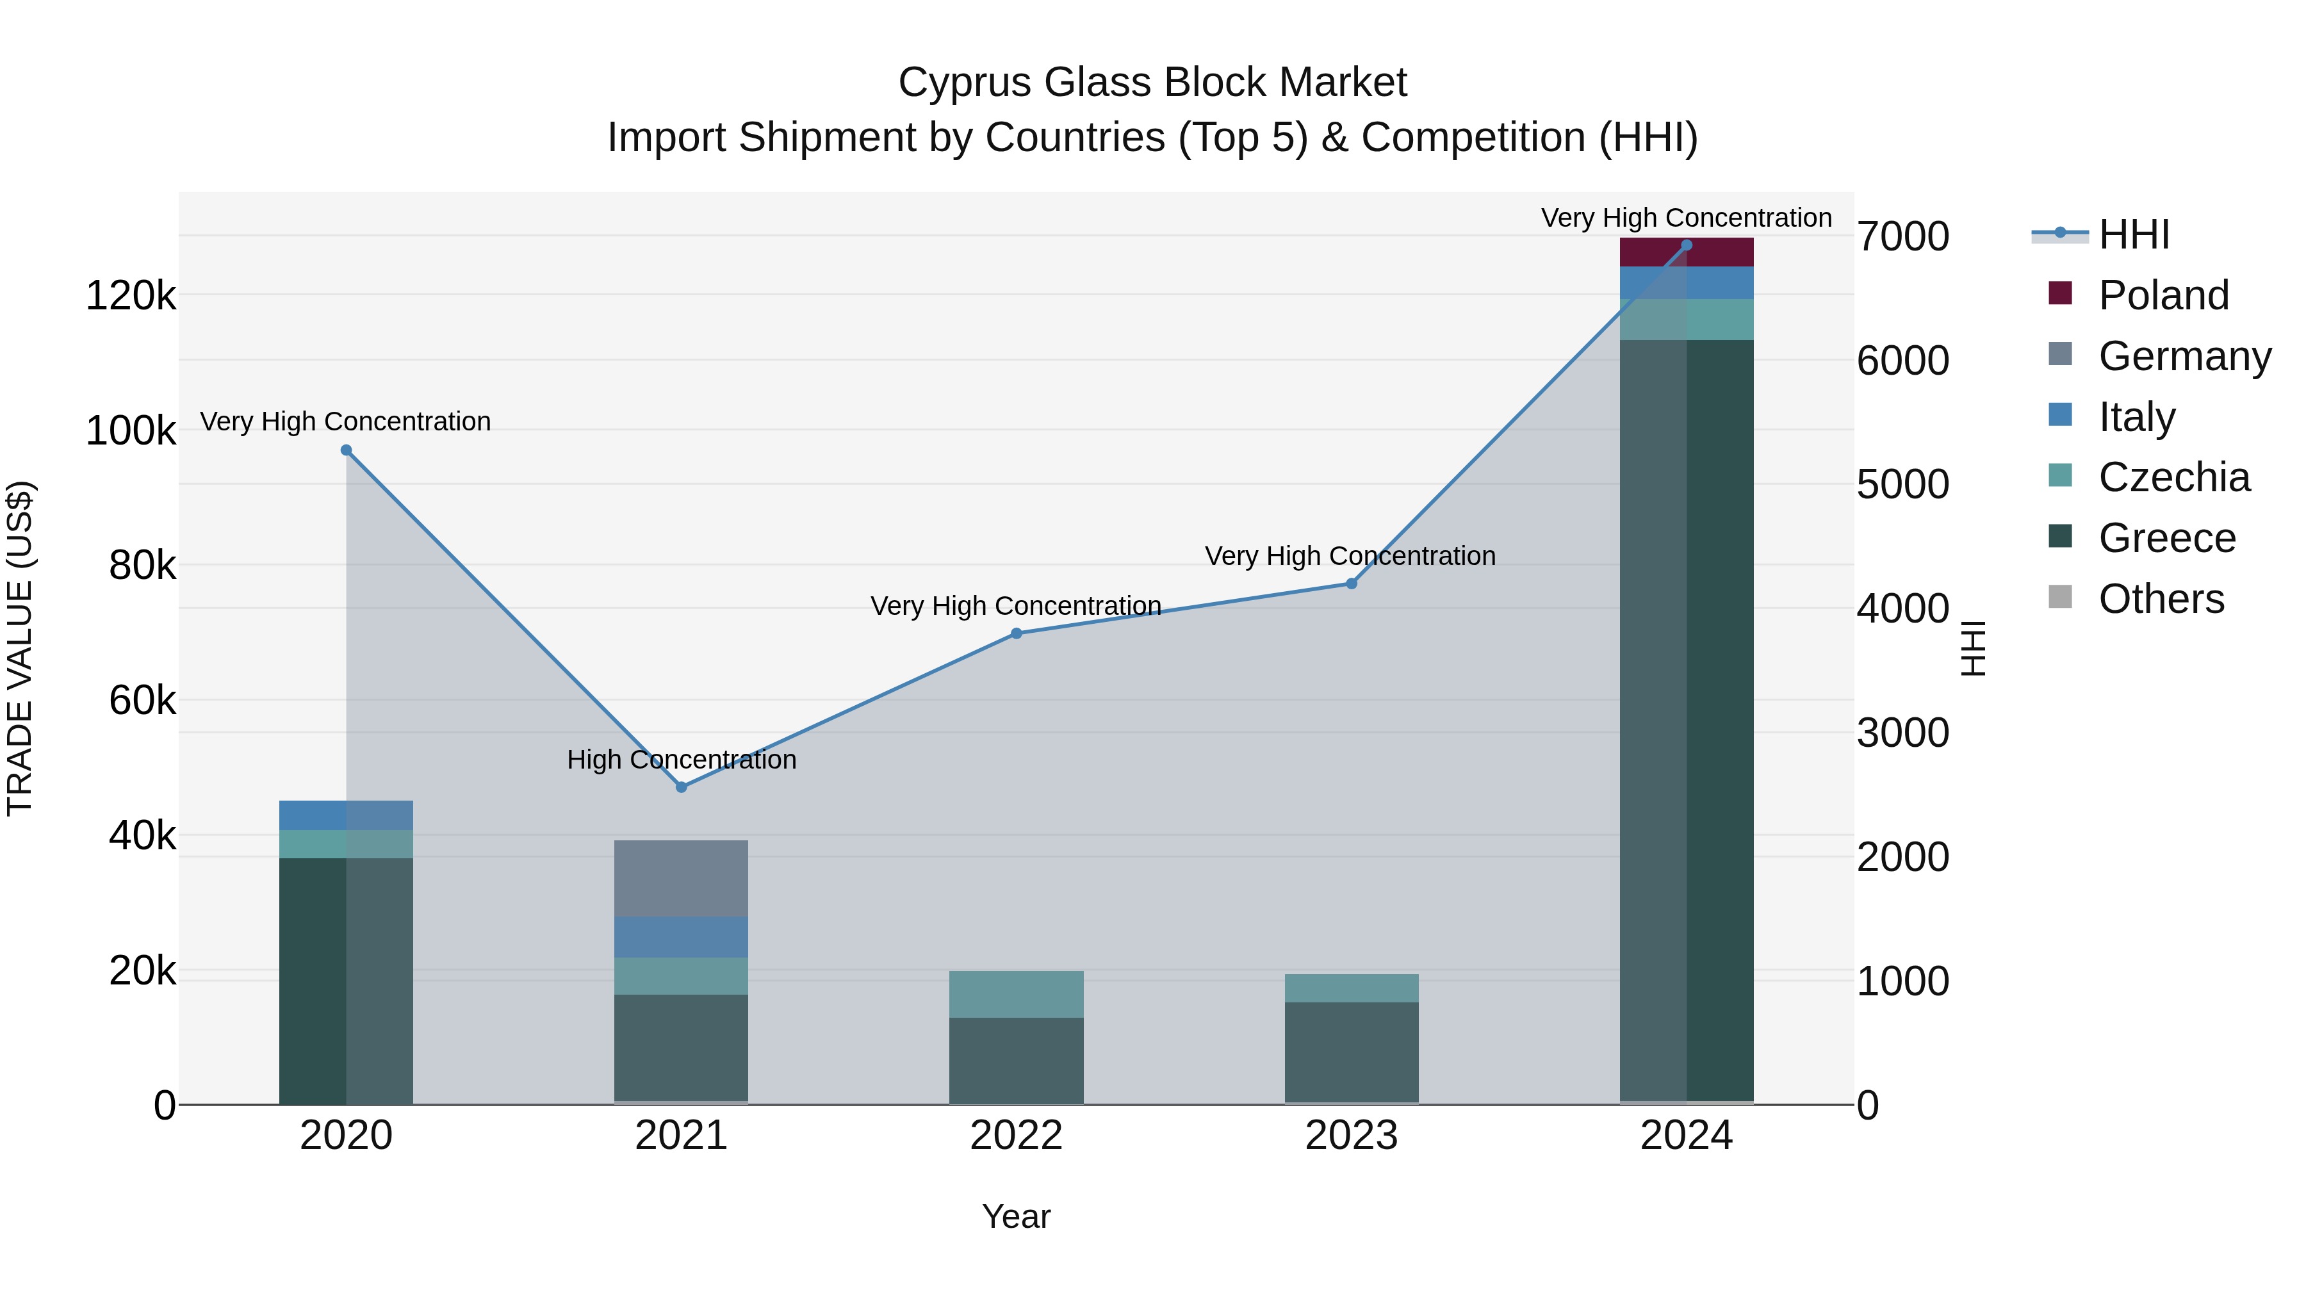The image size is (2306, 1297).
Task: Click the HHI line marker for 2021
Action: (x=682, y=787)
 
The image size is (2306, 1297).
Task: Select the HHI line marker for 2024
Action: (x=1687, y=245)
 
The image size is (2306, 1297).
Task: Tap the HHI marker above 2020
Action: (x=347, y=450)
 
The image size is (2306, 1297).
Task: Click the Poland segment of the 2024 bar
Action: (x=1687, y=252)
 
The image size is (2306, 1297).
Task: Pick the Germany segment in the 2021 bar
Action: (x=682, y=878)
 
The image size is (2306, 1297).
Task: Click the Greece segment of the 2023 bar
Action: (x=1352, y=1052)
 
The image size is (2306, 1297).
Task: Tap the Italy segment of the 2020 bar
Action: (x=347, y=815)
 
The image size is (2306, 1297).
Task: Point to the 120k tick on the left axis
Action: (x=131, y=295)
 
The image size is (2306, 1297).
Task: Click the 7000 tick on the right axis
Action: (x=1902, y=236)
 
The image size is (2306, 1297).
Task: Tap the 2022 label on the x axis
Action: (x=1016, y=1136)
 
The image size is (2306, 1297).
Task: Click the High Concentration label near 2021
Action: (x=682, y=759)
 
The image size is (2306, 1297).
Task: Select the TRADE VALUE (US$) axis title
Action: (x=20, y=648)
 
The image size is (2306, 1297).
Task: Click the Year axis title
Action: (x=1016, y=1216)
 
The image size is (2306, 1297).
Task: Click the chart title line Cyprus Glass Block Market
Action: (x=1152, y=83)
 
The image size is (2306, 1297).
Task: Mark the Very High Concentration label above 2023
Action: (x=1350, y=556)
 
